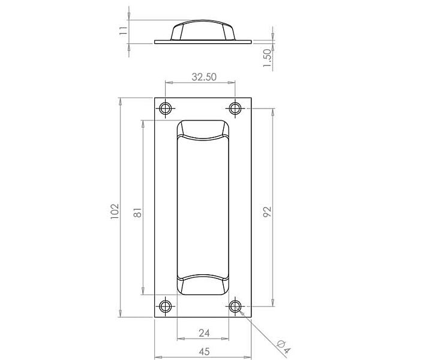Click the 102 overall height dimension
tap(115, 211)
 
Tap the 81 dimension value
tap(138, 212)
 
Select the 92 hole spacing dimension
tap(267, 212)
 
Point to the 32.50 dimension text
tap(204, 77)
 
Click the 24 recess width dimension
tap(204, 333)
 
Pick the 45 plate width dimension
tap(204, 352)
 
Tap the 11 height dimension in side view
tap(124, 30)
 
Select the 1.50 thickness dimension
tap(268, 59)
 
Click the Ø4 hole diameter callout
tap(284, 346)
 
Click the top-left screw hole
tap(165, 109)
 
